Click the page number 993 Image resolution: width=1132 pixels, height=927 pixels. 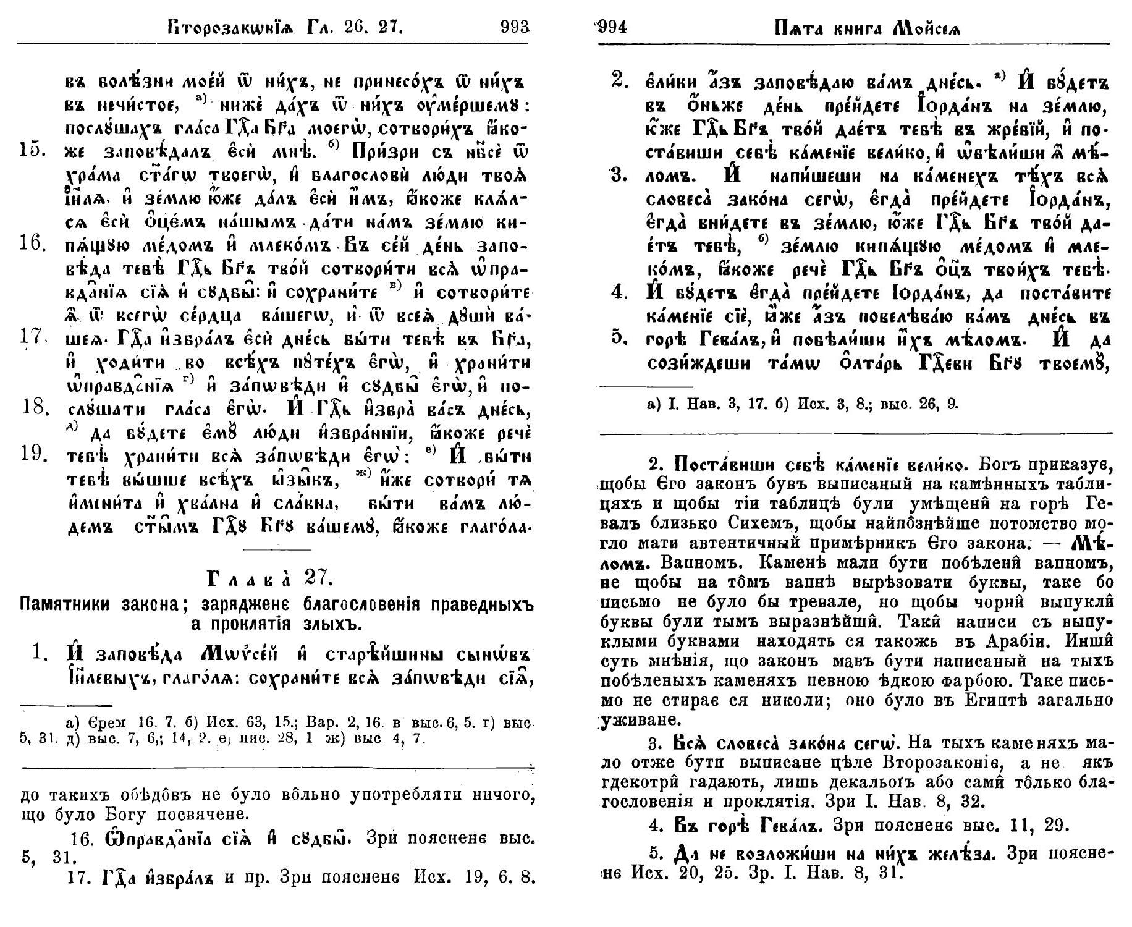[515, 27]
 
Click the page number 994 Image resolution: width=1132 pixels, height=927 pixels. [610, 27]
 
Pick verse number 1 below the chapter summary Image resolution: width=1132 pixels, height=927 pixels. [41, 654]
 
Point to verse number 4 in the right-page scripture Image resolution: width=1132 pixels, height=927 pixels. [620, 292]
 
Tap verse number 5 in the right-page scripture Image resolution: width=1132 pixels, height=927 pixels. [620, 339]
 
